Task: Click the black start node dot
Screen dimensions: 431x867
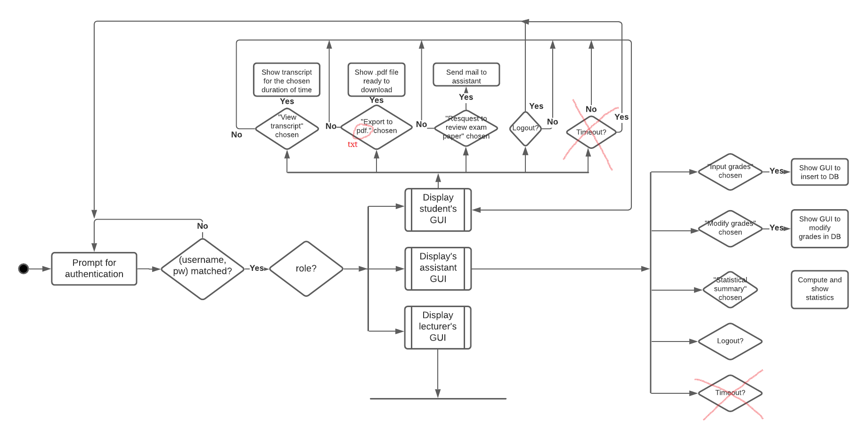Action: pos(24,268)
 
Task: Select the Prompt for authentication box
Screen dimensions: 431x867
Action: pos(94,268)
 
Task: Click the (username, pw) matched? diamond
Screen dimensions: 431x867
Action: pos(203,269)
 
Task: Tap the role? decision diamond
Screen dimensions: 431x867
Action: pos(306,268)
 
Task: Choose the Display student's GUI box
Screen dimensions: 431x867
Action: pos(438,210)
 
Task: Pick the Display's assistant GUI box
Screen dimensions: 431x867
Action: pos(438,268)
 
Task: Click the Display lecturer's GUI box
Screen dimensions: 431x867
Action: pos(438,327)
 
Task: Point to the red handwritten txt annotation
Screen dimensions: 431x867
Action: pos(352,144)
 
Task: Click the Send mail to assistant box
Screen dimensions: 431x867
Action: pos(466,75)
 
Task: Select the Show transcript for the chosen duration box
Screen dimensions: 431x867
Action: pos(286,80)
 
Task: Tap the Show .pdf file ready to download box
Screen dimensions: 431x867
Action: pos(376,80)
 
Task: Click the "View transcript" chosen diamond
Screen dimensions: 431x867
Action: pos(287,129)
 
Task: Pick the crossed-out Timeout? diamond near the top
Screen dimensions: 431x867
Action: pos(591,132)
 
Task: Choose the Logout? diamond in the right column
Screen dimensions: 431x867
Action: pos(730,341)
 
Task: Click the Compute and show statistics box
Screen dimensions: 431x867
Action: pos(819,289)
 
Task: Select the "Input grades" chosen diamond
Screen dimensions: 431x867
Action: pos(730,171)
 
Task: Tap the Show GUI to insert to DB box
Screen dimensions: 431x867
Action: pos(819,172)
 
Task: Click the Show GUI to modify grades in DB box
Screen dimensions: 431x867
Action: pos(819,228)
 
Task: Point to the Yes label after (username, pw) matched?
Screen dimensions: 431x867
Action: pos(257,268)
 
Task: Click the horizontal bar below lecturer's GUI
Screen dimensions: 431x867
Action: pos(438,398)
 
